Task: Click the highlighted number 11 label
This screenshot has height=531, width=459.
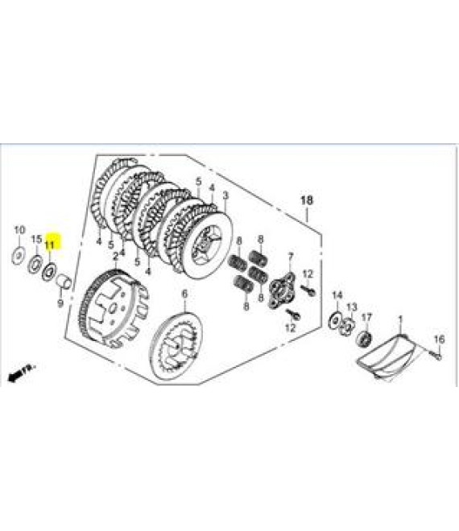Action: click(x=49, y=244)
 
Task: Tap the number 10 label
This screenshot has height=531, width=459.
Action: click(x=19, y=230)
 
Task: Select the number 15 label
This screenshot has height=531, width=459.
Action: click(x=36, y=239)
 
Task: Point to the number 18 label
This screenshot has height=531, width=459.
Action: click(x=307, y=200)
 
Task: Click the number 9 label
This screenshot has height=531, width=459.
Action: click(x=60, y=303)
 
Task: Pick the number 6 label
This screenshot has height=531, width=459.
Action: click(x=184, y=294)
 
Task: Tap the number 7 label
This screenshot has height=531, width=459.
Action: click(x=290, y=257)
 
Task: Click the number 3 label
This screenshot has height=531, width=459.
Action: click(x=225, y=196)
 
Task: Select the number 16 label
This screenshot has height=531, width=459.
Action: click(x=439, y=339)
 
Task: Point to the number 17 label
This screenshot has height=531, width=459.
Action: click(x=366, y=317)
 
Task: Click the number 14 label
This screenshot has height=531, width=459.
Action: click(x=337, y=295)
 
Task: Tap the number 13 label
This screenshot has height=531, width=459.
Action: click(x=352, y=307)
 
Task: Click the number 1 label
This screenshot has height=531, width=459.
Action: click(x=400, y=319)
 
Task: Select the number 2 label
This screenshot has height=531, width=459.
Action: click(x=116, y=256)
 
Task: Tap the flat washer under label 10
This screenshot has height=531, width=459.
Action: click(x=19, y=257)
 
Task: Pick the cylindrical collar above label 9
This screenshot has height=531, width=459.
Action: click(x=64, y=282)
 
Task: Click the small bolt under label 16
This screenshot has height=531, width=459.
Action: click(x=436, y=355)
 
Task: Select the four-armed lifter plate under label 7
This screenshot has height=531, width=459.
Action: click(x=282, y=291)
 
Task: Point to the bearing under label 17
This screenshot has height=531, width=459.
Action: click(x=364, y=338)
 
